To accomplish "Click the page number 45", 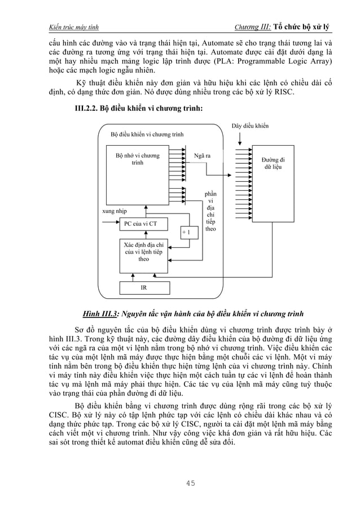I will coord(180,482).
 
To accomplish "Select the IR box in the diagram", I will coord(144,287).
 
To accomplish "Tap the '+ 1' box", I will coord(186,232).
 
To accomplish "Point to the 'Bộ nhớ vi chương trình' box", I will coord(137,159).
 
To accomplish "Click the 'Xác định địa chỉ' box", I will coord(143,251).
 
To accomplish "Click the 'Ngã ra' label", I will coord(202,155).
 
